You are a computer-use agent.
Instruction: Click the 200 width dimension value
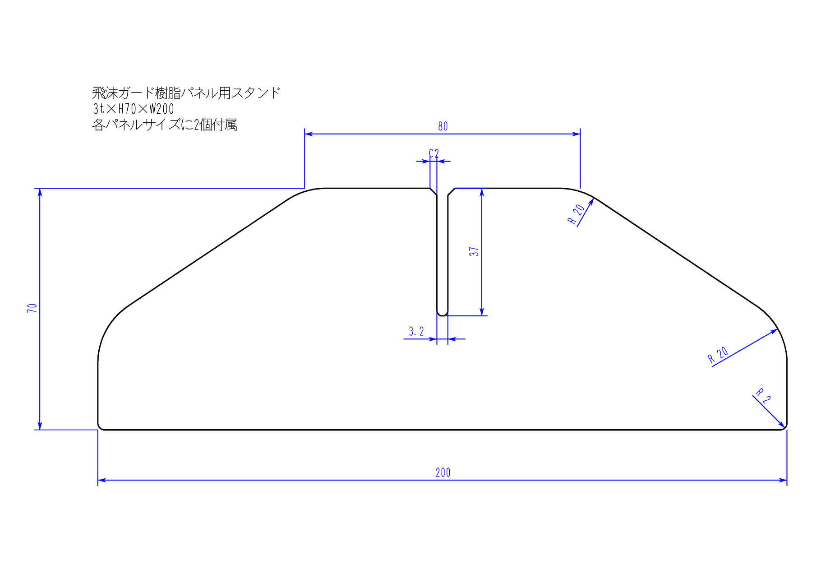[x=443, y=472]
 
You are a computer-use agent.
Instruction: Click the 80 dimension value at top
[x=443, y=126]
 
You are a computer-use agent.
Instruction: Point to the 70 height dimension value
[x=32, y=308]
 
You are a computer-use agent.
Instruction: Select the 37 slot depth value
[x=474, y=251]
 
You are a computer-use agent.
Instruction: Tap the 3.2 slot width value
[x=416, y=332]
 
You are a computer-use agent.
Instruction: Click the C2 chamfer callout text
[x=434, y=153]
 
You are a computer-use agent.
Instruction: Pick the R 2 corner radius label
[x=763, y=395]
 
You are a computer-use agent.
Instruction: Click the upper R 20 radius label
[x=576, y=214]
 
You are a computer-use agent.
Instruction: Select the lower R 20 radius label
[x=718, y=355]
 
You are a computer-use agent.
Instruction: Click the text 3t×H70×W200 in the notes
[x=134, y=109]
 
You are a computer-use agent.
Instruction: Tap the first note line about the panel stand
[x=186, y=93]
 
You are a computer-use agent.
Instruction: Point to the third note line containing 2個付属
[x=165, y=125]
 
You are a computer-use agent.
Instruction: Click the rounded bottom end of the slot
[x=443, y=314]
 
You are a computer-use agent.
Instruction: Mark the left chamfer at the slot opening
[x=434, y=192]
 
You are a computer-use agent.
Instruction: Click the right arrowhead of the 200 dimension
[x=783, y=480]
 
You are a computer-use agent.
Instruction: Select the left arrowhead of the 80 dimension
[x=309, y=134]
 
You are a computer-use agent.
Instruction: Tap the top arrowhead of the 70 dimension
[x=40, y=192]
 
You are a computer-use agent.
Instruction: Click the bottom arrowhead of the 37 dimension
[x=482, y=312]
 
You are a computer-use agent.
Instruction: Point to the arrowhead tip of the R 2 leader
[x=784, y=426]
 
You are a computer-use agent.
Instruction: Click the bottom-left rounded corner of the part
[x=101, y=427]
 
